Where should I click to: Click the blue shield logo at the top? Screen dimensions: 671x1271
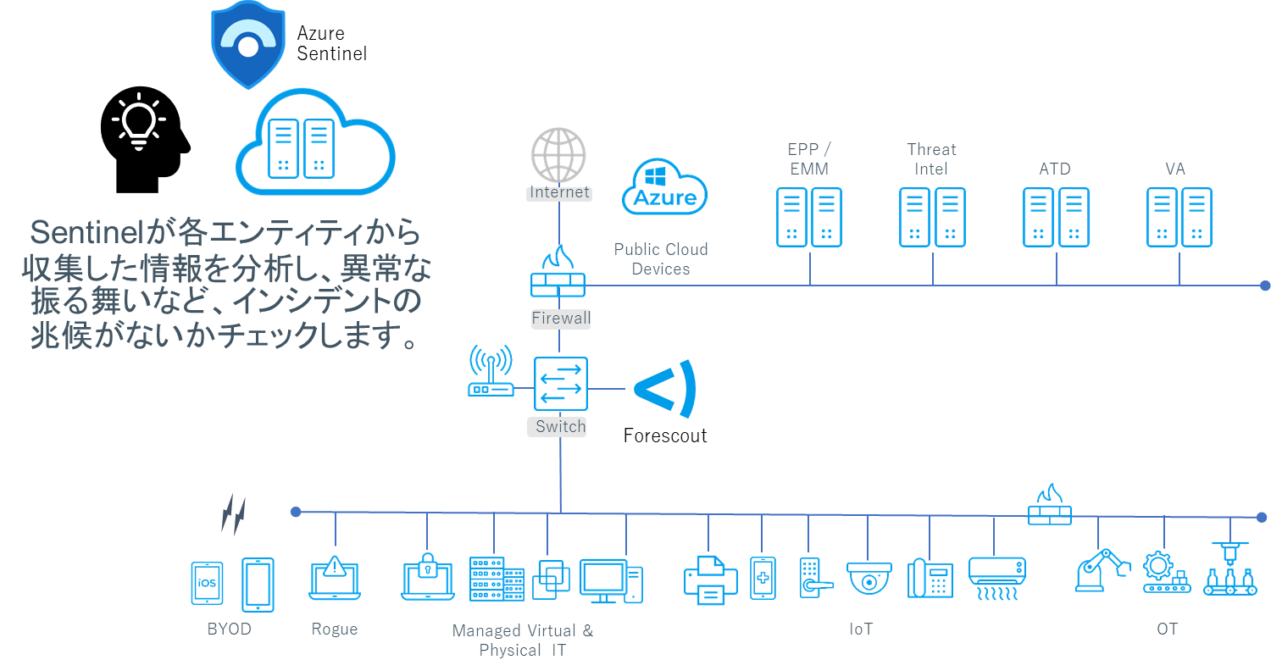click(247, 44)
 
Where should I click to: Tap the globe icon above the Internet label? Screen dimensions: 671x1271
click(558, 155)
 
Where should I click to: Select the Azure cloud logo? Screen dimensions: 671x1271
click(664, 187)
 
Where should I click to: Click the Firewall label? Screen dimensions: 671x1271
click(560, 319)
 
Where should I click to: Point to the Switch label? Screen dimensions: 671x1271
click(560, 426)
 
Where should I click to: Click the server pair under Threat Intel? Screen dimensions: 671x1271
click(932, 218)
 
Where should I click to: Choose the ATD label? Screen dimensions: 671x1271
click(1055, 169)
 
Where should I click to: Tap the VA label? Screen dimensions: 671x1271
click(1175, 169)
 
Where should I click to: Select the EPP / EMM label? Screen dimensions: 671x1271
click(808, 159)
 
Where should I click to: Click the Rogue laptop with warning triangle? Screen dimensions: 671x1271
click(335, 578)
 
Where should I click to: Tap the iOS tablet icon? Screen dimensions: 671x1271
click(207, 583)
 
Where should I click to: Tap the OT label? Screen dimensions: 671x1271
click(1167, 629)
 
